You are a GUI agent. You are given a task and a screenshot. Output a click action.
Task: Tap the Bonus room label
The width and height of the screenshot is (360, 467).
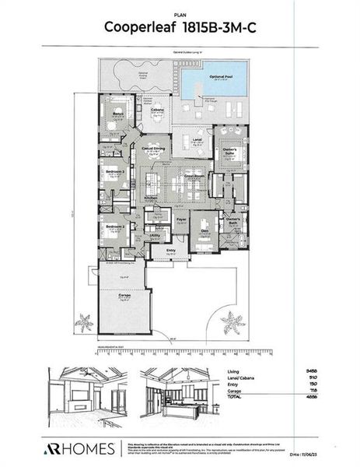(x=118, y=113)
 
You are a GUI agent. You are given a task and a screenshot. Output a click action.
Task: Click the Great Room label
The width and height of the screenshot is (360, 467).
(x=193, y=177)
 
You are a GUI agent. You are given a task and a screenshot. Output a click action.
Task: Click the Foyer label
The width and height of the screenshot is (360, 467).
(x=180, y=219)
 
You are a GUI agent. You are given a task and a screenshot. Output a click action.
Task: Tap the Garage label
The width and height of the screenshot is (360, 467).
(x=124, y=297)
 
